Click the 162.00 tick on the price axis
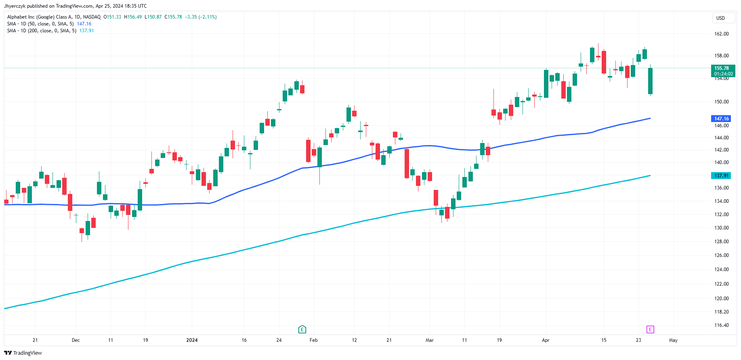point(721,34)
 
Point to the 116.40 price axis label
point(721,325)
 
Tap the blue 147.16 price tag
point(721,118)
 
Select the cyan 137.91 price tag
point(721,176)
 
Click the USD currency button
point(720,18)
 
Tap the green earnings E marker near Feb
point(302,329)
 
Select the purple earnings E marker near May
point(650,329)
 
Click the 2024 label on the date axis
point(192,340)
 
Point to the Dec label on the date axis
point(76,340)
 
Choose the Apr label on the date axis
point(546,340)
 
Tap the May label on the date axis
point(673,340)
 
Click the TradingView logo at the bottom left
point(23,353)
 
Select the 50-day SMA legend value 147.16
point(84,24)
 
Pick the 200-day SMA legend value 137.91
point(86,31)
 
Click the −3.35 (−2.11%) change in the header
point(201,17)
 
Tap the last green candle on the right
point(651,81)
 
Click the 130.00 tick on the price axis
point(721,228)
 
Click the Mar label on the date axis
point(430,340)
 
